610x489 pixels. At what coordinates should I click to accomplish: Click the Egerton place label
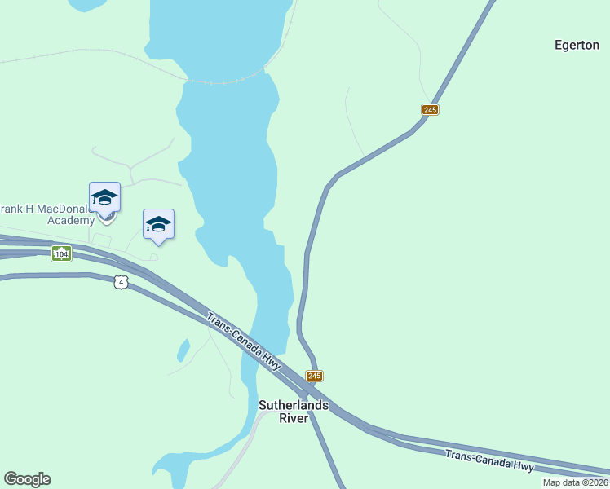[577, 46]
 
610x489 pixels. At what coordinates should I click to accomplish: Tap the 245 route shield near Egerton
[431, 109]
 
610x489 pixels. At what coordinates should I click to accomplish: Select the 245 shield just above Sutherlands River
[315, 376]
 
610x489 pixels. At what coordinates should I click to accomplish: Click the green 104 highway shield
[61, 254]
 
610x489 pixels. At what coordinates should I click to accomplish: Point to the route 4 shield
[121, 282]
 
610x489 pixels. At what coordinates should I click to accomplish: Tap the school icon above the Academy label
[104, 198]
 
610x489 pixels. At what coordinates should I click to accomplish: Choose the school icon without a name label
[158, 224]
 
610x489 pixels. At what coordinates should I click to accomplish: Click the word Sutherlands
[294, 405]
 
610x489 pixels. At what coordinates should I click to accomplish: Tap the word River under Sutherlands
[294, 418]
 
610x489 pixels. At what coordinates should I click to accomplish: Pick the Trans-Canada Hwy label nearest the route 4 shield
[244, 342]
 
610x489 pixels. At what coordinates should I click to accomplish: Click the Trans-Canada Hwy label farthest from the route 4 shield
[489, 460]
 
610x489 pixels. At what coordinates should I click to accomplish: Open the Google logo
[27, 479]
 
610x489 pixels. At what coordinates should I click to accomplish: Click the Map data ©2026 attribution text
[575, 482]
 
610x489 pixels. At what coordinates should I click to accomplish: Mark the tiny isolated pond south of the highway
[183, 350]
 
